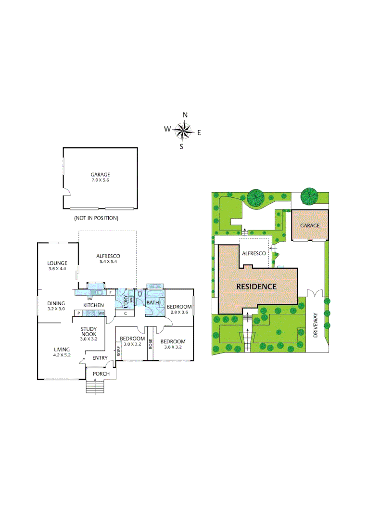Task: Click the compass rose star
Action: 183,130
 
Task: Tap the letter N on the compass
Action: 185,115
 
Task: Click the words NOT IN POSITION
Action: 96,218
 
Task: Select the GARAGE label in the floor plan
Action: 100,175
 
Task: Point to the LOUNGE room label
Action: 57,263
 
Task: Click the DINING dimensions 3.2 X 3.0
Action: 56,309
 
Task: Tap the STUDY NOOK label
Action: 89,332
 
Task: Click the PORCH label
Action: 101,374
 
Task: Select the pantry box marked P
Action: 77,313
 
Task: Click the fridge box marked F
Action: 111,292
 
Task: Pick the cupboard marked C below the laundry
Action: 125,313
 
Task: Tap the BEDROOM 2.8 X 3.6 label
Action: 179,309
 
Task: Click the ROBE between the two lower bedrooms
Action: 151,344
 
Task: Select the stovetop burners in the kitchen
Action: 89,313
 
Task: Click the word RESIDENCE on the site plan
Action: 256,286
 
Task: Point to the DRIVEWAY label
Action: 316,325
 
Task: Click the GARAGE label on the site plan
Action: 310,225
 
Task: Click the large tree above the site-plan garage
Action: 309,196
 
